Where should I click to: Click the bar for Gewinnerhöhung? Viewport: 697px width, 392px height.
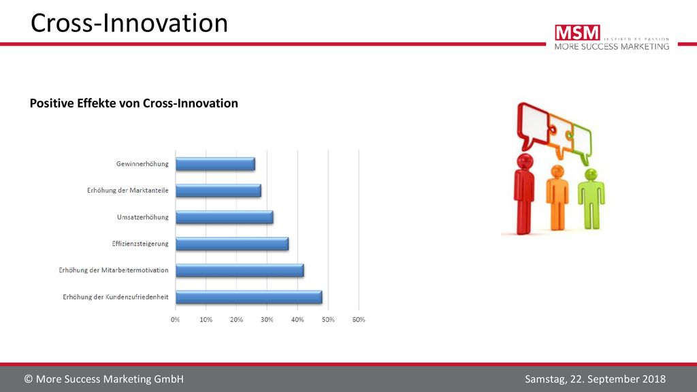(215, 164)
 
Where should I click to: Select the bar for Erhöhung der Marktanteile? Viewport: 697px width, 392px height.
(218, 191)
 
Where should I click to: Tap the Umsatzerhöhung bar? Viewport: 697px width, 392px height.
(225, 217)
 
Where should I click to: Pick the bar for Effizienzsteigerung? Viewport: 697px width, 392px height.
(232, 244)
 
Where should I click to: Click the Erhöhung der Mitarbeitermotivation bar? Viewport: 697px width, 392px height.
(240, 271)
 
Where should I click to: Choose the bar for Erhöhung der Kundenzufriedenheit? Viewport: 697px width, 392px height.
(249, 297)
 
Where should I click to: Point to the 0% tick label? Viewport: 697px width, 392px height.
(176, 320)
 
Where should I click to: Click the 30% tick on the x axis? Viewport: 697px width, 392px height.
(267, 320)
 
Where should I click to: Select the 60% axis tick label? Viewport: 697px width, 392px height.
(359, 320)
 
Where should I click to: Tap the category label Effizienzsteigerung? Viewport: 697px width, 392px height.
(140, 244)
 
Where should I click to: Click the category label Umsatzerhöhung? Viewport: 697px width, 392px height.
(143, 217)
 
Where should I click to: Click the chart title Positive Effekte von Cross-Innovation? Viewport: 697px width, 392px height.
(134, 103)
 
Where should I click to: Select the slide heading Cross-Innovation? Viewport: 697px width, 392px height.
(129, 22)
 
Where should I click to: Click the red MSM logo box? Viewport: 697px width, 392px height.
(577, 33)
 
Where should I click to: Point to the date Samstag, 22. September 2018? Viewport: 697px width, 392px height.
(595, 379)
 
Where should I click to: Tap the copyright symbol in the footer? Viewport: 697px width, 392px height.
(29, 379)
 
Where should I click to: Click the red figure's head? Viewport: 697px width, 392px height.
(525, 161)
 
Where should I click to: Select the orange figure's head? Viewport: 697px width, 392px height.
(557, 171)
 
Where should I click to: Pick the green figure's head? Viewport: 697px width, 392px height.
(591, 174)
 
